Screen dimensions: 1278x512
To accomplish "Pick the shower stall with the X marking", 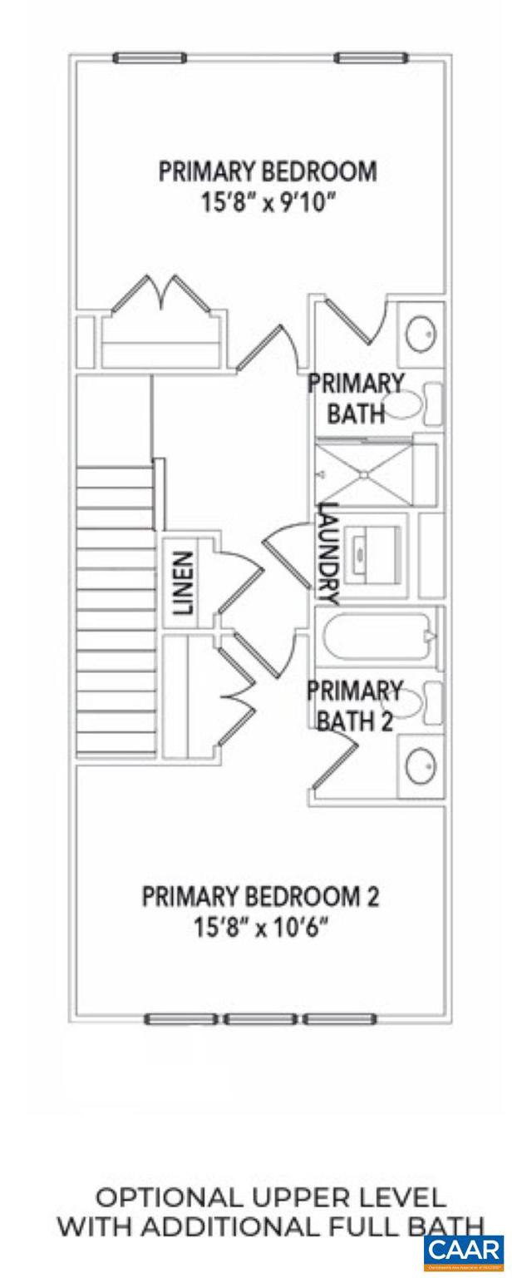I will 364,473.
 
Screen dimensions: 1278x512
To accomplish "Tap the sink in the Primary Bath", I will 420,335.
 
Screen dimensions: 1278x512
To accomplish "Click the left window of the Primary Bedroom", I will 150,58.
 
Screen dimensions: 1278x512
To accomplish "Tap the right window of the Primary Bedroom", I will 372,58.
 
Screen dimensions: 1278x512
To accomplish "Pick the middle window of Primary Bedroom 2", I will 261,1019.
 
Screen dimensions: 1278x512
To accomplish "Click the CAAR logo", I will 463,1251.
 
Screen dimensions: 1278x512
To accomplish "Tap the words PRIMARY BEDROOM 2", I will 260,898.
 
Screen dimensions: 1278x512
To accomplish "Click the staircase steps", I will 116,607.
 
